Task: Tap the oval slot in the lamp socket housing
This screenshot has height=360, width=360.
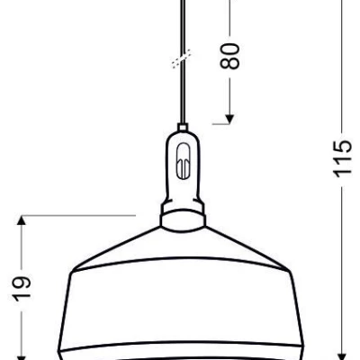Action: (x=184, y=162)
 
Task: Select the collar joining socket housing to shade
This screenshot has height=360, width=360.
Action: (x=184, y=215)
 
